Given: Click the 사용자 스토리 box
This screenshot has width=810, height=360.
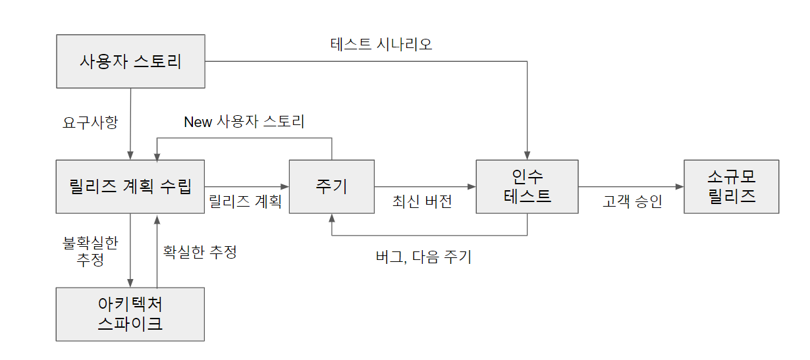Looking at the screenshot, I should click(130, 62).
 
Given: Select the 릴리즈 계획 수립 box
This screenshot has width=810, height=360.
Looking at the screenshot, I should click(130, 186).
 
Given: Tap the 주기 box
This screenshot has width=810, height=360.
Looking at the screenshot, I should click(331, 186).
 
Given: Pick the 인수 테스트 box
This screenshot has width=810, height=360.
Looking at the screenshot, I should click(527, 186).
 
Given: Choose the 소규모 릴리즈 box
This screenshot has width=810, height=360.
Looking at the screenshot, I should click(731, 186).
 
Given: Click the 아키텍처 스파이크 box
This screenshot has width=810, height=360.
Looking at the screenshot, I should click(130, 314).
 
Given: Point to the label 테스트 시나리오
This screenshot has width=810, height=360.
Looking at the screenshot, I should click(381, 44).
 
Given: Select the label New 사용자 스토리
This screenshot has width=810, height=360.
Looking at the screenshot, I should click(244, 122).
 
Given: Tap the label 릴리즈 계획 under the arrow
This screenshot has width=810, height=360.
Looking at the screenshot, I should click(245, 201).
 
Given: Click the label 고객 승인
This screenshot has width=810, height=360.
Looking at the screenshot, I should click(632, 201).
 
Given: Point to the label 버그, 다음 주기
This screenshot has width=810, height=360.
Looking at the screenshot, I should click(423, 257).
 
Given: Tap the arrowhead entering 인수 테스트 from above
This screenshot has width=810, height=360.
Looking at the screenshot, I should click(527, 155).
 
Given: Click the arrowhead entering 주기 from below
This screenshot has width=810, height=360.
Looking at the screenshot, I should click(331, 218).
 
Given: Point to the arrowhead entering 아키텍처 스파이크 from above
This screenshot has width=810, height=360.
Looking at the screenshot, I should click(130, 283).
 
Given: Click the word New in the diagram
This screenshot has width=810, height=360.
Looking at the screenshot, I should click(198, 122).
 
